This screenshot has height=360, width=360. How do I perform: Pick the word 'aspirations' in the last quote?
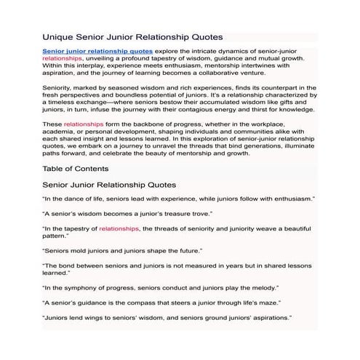point(268,318)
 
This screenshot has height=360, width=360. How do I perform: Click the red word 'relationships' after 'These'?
point(80,124)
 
